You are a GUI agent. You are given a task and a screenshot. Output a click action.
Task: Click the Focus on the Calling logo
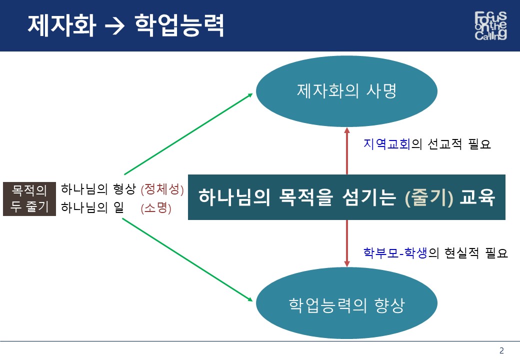pyautogui.click(x=490, y=25)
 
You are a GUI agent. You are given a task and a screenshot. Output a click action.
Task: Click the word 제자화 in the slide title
pyautogui.click(x=62, y=25)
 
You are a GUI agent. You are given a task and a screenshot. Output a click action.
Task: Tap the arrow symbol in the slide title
pyautogui.click(x=114, y=26)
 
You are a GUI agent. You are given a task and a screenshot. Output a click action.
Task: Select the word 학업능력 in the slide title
pyautogui.click(x=179, y=25)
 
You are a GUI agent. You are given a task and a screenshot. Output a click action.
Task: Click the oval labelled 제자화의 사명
pyautogui.click(x=346, y=91)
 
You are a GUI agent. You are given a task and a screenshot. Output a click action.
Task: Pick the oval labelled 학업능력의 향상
pyautogui.click(x=346, y=303)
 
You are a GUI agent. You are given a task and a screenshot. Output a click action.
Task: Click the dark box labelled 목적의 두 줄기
pyautogui.click(x=29, y=198)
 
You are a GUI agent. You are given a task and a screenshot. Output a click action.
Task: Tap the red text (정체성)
pyautogui.click(x=162, y=189)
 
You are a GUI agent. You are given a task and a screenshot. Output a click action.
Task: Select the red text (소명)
pyautogui.click(x=156, y=208)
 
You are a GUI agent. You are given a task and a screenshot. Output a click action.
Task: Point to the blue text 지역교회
pyautogui.click(x=387, y=144)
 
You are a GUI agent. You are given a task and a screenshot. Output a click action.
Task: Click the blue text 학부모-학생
pyautogui.click(x=395, y=253)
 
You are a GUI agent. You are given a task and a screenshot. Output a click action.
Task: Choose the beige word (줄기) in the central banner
pyautogui.click(x=429, y=197)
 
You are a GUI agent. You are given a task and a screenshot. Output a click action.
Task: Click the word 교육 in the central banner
pyautogui.click(x=477, y=197)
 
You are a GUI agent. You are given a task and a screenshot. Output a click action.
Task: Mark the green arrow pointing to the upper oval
pyautogui.click(x=188, y=134)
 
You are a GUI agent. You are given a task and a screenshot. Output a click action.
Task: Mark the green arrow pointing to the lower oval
pyautogui.click(x=187, y=259)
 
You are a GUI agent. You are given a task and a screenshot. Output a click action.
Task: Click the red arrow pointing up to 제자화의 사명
pyautogui.click(x=347, y=151)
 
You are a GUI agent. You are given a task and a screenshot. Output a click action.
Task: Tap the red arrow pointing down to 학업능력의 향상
pyautogui.click(x=347, y=243)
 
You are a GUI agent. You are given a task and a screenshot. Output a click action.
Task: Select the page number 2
pyautogui.click(x=501, y=350)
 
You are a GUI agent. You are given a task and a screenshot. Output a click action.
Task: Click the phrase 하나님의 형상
pyautogui.click(x=98, y=189)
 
